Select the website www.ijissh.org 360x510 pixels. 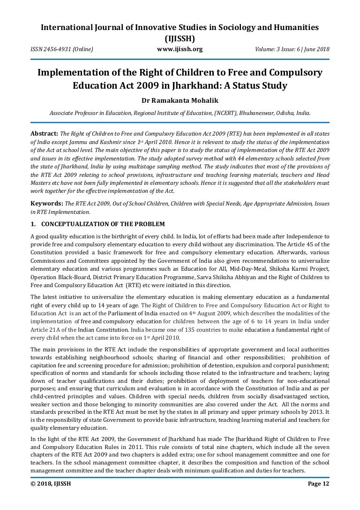tap(180, 49)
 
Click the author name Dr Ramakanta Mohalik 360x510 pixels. tap(180, 100)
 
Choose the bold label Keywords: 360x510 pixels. tap(47, 204)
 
